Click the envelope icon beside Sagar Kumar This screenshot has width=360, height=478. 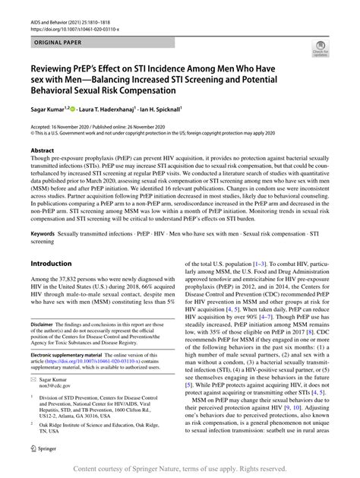[x=33, y=398]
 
